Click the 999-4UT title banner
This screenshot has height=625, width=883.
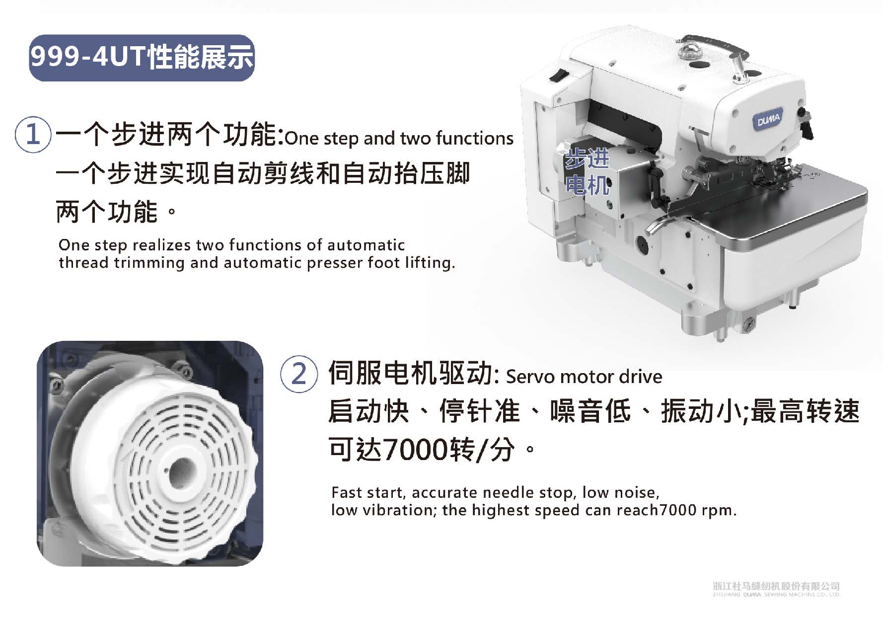(142, 58)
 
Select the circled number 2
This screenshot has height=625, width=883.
(299, 374)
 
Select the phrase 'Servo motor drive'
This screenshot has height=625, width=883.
(584, 377)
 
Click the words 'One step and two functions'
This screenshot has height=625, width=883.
(399, 138)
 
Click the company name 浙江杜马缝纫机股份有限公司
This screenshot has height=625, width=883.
(776, 587)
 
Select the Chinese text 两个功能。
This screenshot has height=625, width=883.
(116, 212)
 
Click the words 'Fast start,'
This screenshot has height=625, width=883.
(368, 493)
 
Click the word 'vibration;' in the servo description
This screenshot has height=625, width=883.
(398, 510)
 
